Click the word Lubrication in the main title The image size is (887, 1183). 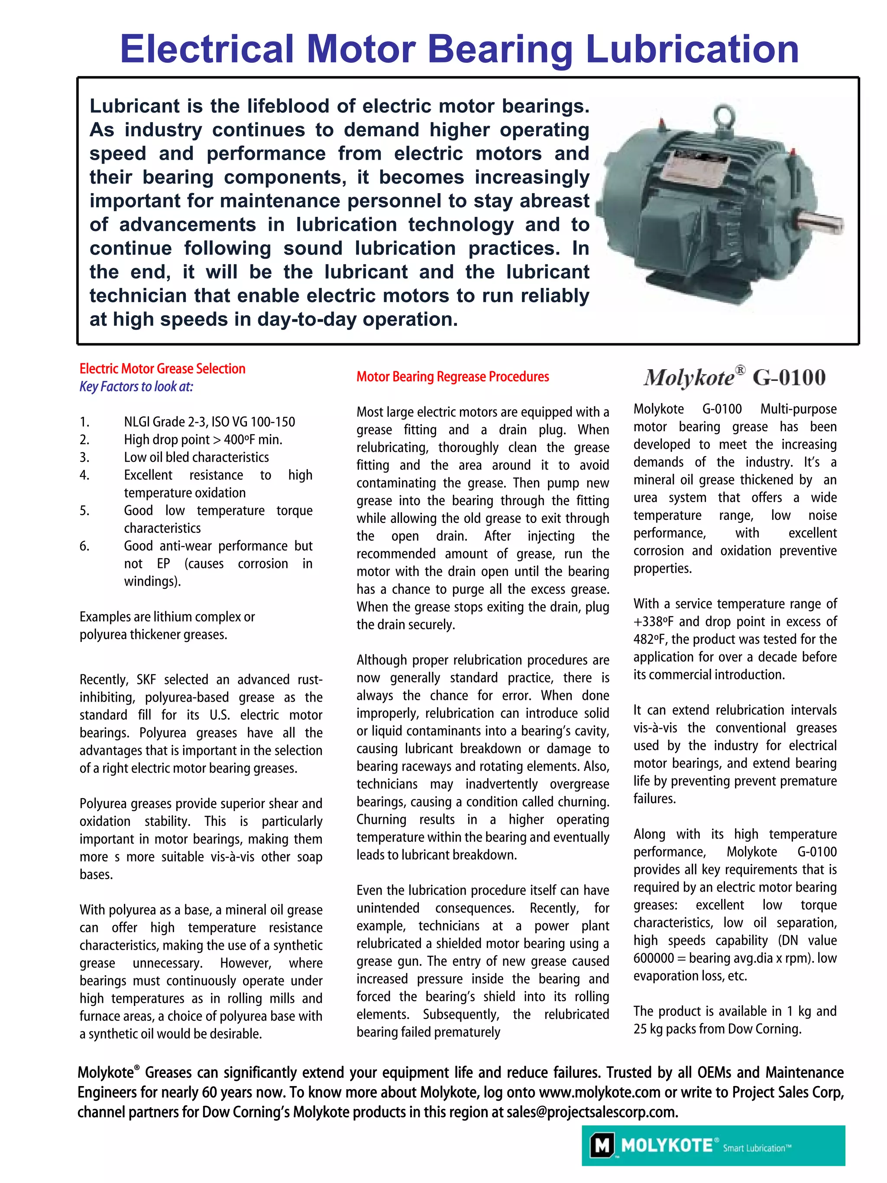[x=692, y=49]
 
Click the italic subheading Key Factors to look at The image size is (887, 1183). [x=136, y=387]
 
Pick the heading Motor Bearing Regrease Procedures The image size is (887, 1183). [x=453, y=377]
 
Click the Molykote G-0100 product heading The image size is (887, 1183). [x=735, y=377]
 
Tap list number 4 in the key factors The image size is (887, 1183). [x=84, y=475]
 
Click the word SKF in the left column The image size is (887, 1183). [x=146, y=680]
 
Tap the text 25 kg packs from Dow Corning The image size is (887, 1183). [x=717, y=1029]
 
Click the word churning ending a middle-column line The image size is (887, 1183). [x=583, y=802]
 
